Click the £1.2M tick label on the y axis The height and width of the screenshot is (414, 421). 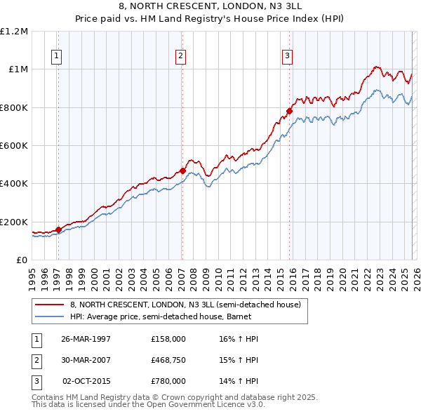(14, 32)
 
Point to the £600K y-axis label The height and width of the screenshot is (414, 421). (14, 146)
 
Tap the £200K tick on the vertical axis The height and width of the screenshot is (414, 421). (14, 222)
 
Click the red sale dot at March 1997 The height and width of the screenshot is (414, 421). (59, 229)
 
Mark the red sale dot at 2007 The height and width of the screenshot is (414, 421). (182, 171)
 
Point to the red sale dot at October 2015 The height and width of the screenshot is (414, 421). (289, 111)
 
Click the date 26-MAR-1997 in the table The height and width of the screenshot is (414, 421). (86, 339)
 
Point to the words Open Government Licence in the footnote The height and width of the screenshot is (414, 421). (204, 404)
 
